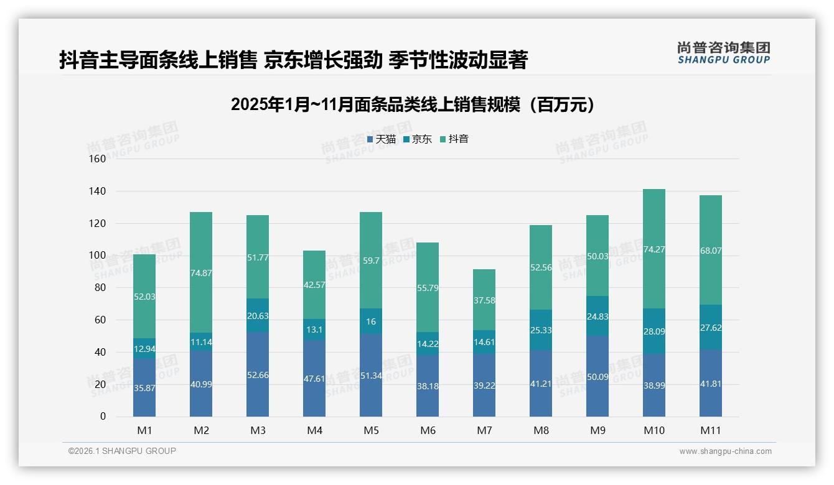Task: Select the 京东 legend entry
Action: click(x=418, y=139)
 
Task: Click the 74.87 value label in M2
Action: click(x=201, y=272)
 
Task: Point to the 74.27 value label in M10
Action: click(x=654, y=249)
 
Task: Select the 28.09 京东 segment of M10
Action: click(x=654, y=331)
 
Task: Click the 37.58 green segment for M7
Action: click(x=484, y=300)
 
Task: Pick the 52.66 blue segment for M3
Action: click(x=258, y=374)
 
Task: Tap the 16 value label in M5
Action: click(x=371, y=321)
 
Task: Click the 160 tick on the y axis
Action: click(x=98, y=159)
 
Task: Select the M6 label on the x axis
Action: click(x=428, y=430)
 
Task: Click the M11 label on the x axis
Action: click(x=711, y=430)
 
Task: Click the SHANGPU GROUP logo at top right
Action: click(x=723, y=53)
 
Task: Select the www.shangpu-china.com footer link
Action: click(x=725, y=451)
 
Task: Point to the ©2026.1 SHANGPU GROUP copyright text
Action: click(x=122, y=451)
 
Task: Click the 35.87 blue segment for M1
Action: click(x=144, y=387)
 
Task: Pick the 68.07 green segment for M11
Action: click(x=711, y=251)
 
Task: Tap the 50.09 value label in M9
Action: click(x=597, y=376)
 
